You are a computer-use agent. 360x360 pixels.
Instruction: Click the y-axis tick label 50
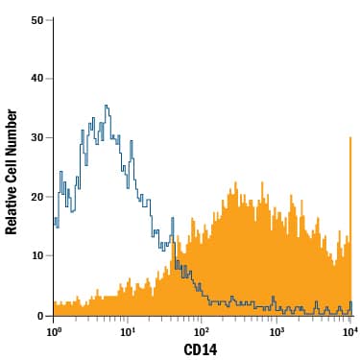[x=36, y=19]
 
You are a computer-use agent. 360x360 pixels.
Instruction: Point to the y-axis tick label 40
[x=36, y=79]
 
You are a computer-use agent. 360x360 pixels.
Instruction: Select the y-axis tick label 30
[x=36, y=137]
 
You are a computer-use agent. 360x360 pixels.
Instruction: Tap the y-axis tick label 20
[x=36, y=197]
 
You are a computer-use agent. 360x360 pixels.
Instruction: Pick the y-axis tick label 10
[x=36, y=256]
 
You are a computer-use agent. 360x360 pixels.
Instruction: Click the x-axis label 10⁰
[x=54, y=332]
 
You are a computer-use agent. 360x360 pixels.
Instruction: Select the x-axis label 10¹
[x=128, y=332]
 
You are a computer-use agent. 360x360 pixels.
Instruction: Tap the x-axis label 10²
[x=202, y=332]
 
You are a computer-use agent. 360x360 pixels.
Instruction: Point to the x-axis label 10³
[x=276, y=332]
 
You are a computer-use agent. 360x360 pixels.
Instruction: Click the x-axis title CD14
[x=203, y=349]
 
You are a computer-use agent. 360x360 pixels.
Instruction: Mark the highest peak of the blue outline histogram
[x=106, y=107]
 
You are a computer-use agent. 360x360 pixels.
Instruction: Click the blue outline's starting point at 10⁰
[x=55, y=221]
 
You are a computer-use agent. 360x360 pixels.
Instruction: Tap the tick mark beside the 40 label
[x=50, y=78]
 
